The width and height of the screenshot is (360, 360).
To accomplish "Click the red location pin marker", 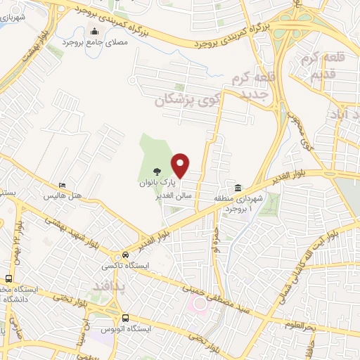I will click(x=181, y=165).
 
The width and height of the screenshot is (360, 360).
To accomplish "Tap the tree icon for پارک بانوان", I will click(x=156, y=171).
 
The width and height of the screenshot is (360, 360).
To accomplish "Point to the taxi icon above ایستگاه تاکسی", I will click(x=125, y=254).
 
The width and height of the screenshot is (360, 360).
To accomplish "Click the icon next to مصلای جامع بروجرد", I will click(x=95, y=31).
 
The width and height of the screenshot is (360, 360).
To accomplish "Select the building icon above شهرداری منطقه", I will click(x=238, y=188).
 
